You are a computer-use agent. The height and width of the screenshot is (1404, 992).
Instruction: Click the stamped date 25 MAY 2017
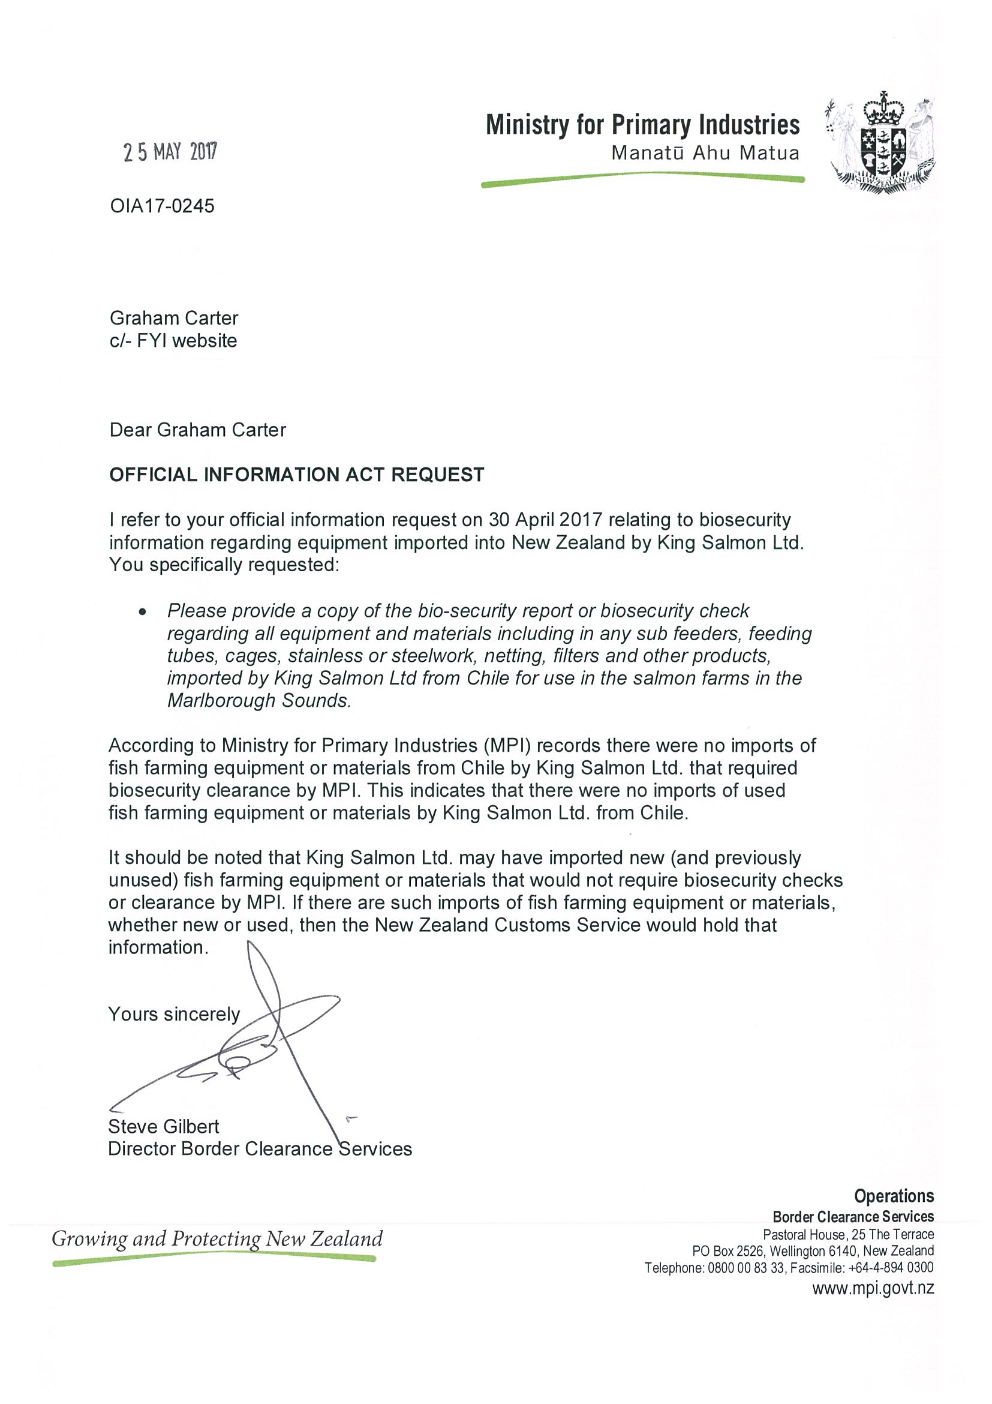point(170,152)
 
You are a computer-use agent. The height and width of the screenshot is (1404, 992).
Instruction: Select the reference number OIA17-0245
point(162,206)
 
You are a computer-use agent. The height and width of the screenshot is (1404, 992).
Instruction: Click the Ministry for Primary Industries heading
point(642,125)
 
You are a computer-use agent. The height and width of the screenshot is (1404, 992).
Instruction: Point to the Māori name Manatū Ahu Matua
point(705,153)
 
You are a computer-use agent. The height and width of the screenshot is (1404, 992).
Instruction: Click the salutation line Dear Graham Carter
point(197,430)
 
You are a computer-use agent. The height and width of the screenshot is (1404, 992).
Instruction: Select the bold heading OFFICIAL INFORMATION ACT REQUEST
point(296,475)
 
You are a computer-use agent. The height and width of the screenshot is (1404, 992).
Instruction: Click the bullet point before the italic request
point(142,611)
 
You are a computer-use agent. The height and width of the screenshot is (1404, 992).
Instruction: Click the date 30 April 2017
point(545,520)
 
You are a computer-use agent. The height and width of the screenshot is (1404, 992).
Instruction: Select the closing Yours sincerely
point(174,1015)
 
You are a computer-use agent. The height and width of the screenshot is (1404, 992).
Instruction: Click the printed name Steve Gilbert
point(163,1126)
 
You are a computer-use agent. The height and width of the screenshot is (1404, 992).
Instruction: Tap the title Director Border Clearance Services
point(260,1149)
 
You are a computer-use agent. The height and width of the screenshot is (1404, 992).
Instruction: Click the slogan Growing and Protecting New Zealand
point(217,1239)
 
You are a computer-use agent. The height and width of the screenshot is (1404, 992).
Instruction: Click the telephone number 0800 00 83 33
point(745,1268)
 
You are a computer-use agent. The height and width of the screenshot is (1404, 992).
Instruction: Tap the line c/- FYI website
point(173,341)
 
